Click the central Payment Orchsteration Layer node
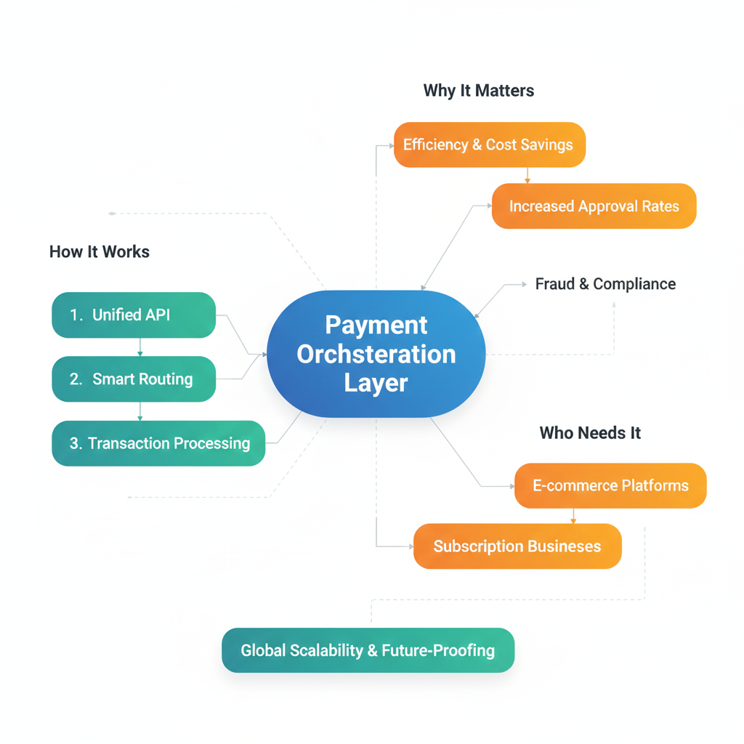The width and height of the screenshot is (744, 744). click(376, 354)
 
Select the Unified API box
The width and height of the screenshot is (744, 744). click(134, 315)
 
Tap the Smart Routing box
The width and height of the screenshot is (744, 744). click(134, 379)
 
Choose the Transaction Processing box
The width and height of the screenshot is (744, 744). click(158, 443)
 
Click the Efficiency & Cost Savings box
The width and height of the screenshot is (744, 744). click(489, 145)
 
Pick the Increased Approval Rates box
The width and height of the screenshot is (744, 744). click(594, 206)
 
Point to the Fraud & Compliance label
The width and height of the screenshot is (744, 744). click(605, 284)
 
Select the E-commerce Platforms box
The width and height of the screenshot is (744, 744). click(610, 485)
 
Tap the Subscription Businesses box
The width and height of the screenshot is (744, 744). click(517, 546)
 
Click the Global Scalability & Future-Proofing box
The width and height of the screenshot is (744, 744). click(368, 650)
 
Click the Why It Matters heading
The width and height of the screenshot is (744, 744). click(479, 91)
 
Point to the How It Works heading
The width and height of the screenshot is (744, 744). click(100, 252)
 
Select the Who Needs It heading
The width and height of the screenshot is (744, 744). click(590, 433)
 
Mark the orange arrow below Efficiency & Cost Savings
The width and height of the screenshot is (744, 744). click(527, 176)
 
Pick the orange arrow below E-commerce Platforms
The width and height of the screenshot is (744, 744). click(573, 517)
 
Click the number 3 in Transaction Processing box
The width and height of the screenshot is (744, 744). click(75, 443)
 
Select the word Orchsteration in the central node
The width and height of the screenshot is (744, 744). click(376, 355)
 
